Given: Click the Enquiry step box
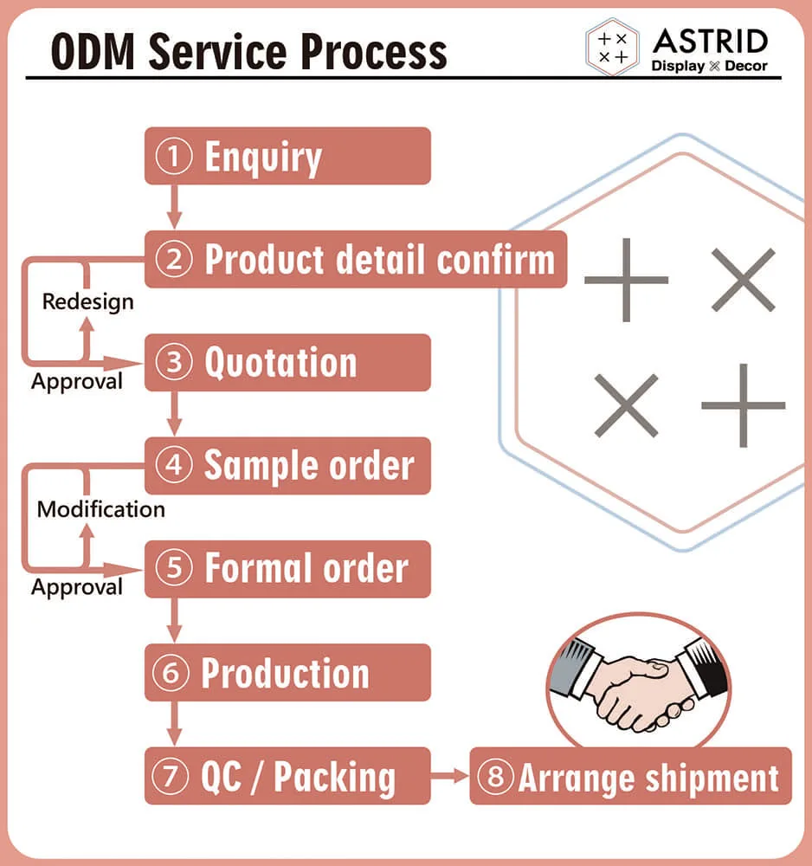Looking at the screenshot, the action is (x=287, y=156).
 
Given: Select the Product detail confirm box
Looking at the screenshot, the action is (x=356, y=259).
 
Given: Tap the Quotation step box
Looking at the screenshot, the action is (x=287, y=362).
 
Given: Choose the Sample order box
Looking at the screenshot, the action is (x=287, y=466).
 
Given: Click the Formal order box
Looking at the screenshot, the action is (x=287, y=569).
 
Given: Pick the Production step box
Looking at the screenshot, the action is (x=287, y=672).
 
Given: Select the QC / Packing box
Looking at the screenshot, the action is (x=287, y=775).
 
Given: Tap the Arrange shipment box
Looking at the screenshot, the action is (x=630, y=775).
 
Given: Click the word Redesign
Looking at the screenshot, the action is (x=87, y=302).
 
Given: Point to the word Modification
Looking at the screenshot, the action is (x=101, y=509).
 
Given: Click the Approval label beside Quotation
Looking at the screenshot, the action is (x=77, y=382).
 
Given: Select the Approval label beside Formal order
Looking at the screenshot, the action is (x=77, y=587).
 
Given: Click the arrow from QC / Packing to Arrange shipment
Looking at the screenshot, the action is (x=450, y=776).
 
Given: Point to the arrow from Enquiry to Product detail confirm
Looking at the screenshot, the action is (x=175, y=207).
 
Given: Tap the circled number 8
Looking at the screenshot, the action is (x=495, y=776).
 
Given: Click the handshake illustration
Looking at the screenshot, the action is (x=639, y=682).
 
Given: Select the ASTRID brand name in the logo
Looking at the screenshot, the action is (x=710, y=41).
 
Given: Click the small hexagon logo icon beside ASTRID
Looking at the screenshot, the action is (x=612, y=47).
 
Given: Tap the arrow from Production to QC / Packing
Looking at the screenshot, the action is (x=175, y=723).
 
